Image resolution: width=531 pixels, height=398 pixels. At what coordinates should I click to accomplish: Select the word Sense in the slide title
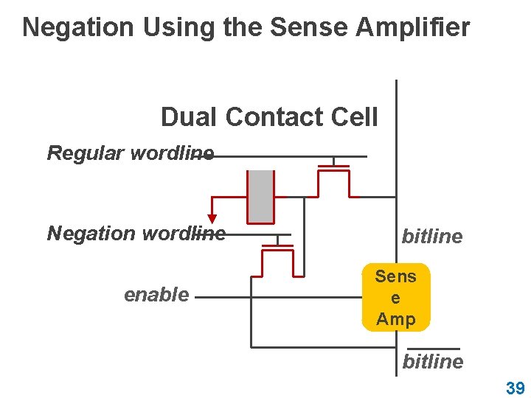click(309, 27)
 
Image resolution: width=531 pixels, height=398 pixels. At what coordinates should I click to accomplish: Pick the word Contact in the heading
click(272, 116)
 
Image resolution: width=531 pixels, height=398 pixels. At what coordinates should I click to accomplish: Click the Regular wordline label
click(130, 153)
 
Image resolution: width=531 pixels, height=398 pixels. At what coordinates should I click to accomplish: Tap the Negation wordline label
click(136, 234)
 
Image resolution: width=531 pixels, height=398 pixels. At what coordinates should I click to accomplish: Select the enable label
click(156, 295)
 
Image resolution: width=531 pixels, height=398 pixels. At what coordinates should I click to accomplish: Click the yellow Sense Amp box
click(395, 297)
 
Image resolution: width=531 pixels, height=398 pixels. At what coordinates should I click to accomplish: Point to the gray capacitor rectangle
click(260, 196)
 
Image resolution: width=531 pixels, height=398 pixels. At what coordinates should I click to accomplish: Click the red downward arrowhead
click(212, 218)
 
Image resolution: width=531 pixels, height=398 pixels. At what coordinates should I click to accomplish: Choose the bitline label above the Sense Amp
click(432, 237)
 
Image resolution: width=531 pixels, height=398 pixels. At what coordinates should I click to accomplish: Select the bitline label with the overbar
click(433, 361)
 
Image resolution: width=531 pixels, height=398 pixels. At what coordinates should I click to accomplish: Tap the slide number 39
click(515, 388)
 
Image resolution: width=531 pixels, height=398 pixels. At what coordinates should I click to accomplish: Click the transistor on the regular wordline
click(334, 177)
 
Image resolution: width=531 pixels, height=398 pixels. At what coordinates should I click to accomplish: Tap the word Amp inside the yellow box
click(396, 318)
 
